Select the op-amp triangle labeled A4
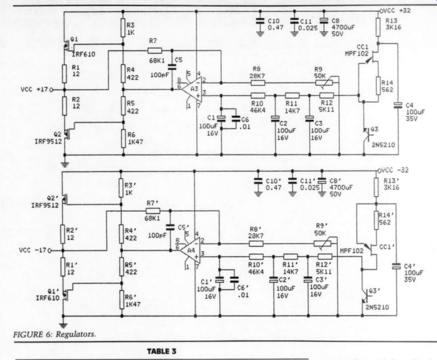click(x=190, y=250)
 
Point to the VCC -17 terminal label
click(x=32, y=250)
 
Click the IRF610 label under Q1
click(x=84, y=54)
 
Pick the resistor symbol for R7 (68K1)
click(x=155, y=51)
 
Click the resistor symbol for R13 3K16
click(x=378, y=27)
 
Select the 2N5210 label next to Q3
click(x=382, y=145)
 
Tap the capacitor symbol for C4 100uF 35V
click(x=398, y=105)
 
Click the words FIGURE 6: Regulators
click(x=55, y=334)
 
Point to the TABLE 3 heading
click(x=161, y=351)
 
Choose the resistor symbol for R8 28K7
click(x=258, y=83)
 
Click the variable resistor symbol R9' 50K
click(x=322, y=244)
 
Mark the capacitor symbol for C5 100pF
click(x=172, y=66)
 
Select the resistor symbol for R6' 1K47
click(x=122, y=300)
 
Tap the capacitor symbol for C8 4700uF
click(x=323, y=21)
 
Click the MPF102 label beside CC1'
click(x=352, y=251)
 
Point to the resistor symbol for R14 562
click(x=378, y=86)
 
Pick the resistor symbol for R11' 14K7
click(x=291, y=257)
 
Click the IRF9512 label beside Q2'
click(x=45, y=206)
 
